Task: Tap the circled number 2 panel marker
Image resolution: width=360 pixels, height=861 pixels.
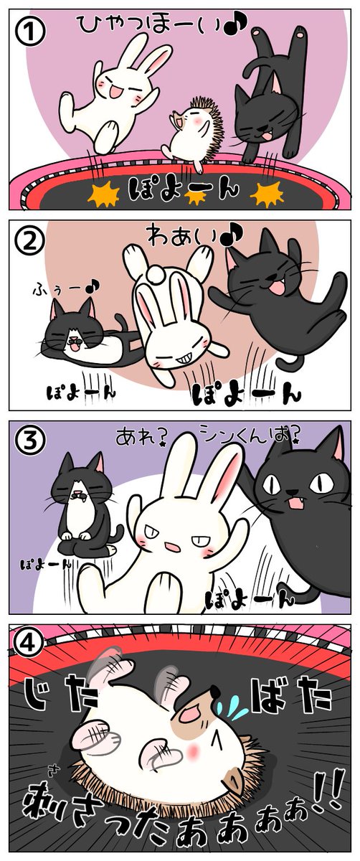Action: click(x=29, y=241)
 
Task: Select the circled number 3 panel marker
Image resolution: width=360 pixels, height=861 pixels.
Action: click(x=29, y=441)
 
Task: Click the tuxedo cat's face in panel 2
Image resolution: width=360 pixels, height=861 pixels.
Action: click(x=73, y=333)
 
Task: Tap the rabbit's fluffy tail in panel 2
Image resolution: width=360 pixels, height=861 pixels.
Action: click(x=157, y=274)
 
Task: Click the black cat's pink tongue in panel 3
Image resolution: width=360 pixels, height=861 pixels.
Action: click(x=294, y=502)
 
